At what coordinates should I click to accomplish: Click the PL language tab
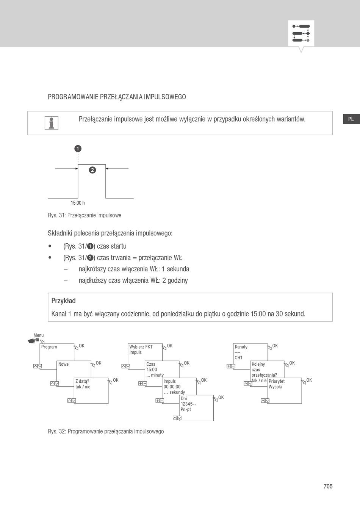tap(351, 119)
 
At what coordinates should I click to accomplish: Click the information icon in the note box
tap(51, 123)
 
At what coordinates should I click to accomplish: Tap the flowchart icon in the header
tap(301, 33)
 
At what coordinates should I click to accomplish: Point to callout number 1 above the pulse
tap(78, 149)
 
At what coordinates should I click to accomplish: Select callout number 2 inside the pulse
tap(92, 170)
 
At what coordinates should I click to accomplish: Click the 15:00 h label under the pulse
tap(78, 203)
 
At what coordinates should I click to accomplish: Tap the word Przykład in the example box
tap(64, 301)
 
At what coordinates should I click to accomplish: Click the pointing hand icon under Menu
tap(34, 341)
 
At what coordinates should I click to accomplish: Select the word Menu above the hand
tap(38, 335)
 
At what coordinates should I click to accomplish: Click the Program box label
tap(49, 347)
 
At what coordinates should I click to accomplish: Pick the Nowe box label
tap(64, 364)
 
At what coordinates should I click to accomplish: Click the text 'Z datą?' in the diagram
tap(82, 381)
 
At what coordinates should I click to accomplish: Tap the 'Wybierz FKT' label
tap(141, 347)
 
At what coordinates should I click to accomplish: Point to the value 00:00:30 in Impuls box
tap(172, 387)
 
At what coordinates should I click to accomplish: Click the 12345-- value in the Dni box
tap(188, 404)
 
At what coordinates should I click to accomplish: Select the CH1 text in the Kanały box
tap(238, 358)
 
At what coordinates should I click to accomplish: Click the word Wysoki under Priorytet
tap(275, 387)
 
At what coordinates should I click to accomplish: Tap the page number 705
tap(328, 486)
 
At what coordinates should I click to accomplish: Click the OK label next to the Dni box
tap(221, 398)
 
